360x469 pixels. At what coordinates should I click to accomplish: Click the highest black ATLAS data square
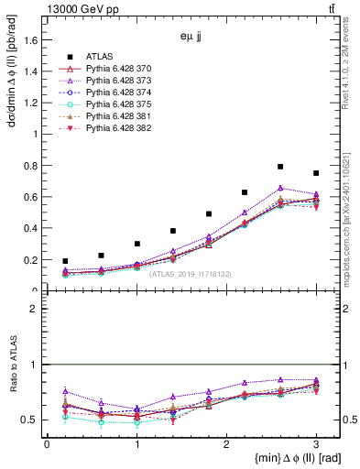point(280,167)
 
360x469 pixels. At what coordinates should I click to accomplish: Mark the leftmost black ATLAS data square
point(64,261)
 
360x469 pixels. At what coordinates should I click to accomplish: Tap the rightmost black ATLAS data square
point(316,173)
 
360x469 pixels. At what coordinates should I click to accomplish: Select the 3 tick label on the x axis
point(316,444)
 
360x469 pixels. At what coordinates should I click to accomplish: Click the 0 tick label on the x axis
point(47,444)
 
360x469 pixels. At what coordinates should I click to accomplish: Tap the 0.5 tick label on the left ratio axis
point(31,420)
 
